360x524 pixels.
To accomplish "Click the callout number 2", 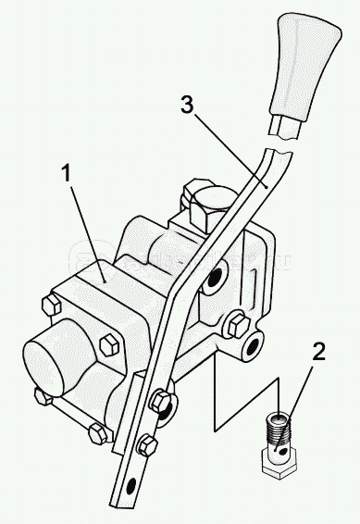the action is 318,352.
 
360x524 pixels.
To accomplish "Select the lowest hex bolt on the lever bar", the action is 147,444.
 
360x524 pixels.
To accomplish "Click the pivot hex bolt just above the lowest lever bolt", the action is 161,401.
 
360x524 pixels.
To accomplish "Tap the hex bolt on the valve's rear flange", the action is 239,325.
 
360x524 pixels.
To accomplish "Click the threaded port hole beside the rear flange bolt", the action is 254,346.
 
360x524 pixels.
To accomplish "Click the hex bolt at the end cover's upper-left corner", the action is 52,305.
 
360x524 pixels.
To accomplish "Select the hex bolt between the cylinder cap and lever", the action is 109,345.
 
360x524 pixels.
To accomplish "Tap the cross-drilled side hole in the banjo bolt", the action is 283,452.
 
